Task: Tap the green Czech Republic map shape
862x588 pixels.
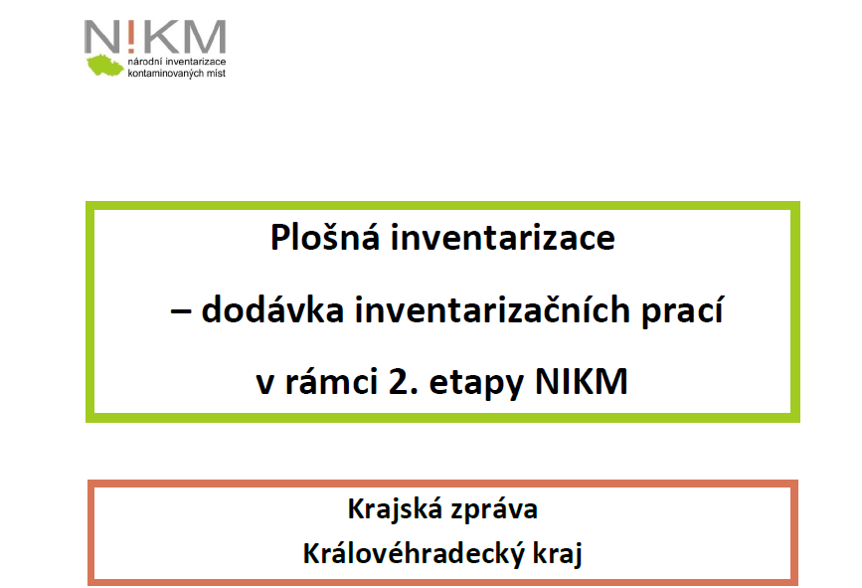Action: tap(105, 65)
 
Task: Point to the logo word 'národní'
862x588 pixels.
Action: tap(144, 62)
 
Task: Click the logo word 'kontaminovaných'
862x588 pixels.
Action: tap(163, 74)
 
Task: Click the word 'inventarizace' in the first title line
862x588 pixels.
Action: tap(502, 238)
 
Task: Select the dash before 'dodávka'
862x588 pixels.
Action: tap(181, 311)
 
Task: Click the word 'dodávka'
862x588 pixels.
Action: tap(272, 309)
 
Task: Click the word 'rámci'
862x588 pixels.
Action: tap(331, 381)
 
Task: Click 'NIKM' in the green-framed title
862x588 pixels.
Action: tap(581, 381)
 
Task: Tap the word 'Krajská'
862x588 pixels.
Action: tap(395, 509)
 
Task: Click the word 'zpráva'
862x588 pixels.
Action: tap(494, 510)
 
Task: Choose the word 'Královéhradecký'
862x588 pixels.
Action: tap(414, 553)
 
